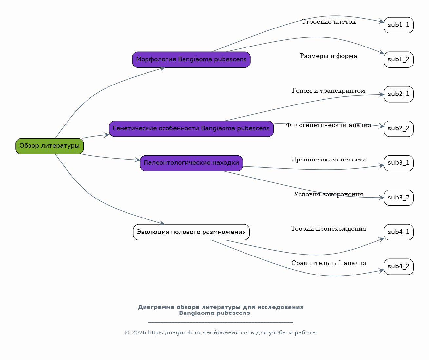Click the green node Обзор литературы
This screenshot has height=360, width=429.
tap(49, 146)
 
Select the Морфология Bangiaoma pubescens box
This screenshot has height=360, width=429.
tap(191, 60)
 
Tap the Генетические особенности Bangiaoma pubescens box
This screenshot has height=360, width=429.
tap(191, 128)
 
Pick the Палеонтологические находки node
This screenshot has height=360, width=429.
tap(191, 163)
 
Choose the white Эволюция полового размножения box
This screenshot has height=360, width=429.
tap(191, 232)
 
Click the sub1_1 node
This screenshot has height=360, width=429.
tap(399, 25)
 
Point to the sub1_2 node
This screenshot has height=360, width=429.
tap(399, 60)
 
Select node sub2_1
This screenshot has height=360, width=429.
tap(399, 94)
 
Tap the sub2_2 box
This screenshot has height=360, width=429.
tap(399, 128)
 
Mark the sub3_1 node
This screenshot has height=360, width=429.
tap(399, 163)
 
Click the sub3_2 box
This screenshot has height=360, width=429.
tap(399, 198)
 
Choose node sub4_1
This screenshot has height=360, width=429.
tap(399, 232)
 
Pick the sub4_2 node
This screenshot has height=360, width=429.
tap(399, 267)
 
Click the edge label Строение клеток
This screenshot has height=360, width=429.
tap(328, 22)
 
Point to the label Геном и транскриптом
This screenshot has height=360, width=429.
tap(328, 91)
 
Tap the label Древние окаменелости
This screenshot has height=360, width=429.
tap(329, 160)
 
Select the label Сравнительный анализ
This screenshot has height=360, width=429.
tap(329, 263)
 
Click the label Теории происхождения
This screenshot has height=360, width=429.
tap(328, 229)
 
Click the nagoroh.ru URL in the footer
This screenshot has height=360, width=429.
tap(174, 333)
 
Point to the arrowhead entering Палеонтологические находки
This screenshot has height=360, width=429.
tap(137, 160)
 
